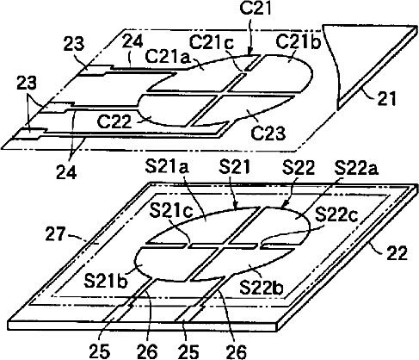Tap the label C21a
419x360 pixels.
click(168, 57)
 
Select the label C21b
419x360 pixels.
click(298, 42)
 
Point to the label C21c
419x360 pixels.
click(212, 43)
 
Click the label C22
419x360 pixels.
click(114, 121)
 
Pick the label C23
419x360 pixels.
click(268, 133)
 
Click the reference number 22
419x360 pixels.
click(397, 253)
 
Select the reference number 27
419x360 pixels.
click(56, 234)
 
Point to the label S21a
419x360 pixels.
click(167, 167)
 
